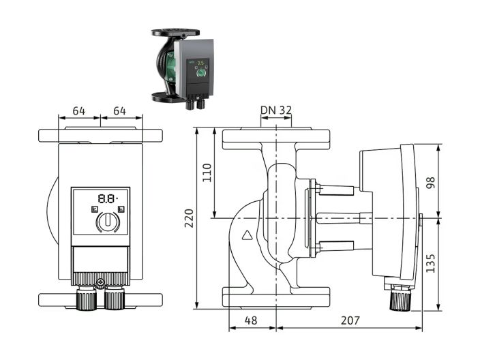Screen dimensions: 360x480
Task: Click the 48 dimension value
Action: pyautogui.click(x=252, y=320)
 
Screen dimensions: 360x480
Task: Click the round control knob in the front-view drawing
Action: pyautogui.click(x=106, y=222)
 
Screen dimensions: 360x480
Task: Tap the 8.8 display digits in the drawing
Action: pyautogui.click(x=106, y=198)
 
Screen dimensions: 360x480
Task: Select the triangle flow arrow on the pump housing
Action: pyautogui.click(x=247, y=237)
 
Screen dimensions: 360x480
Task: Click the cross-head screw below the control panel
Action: pyautogui.click(x=101, y=282)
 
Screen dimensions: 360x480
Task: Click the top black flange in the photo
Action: pyautogui.click(x=175, y=32)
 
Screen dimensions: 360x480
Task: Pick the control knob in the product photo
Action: pyautogui.click(x=201, y=72)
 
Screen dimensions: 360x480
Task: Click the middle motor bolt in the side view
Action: pyautogui.click(x=337, y=217)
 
